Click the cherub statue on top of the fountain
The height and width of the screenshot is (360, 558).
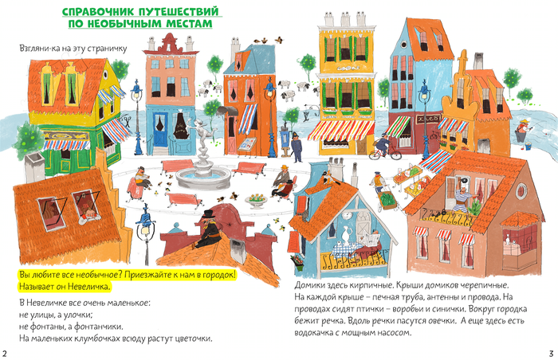coord(200,134)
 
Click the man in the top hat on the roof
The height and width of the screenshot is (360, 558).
coord(208,229)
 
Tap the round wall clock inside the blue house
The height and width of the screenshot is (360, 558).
coord(348,216)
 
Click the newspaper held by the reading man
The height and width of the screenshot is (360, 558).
coord(371,237)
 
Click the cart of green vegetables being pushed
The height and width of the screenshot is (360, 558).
coord(387,200)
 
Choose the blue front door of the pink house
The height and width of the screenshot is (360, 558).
coord(160,130)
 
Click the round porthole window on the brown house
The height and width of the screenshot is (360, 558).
coord(521,190)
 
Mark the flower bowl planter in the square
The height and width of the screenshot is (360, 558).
coord(256,200)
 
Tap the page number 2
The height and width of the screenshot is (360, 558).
coord(5,354)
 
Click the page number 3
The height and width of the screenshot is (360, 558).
coord(552,354)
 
